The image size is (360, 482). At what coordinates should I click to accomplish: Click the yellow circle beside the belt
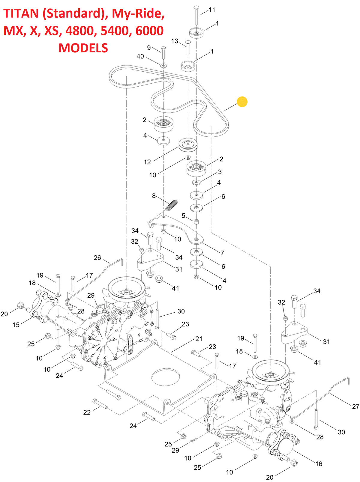coord(242,102)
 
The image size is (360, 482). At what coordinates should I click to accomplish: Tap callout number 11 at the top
coord(212,10)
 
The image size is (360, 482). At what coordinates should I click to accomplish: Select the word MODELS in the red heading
coord(83,48)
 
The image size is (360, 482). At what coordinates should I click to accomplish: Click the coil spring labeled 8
coord(172,205)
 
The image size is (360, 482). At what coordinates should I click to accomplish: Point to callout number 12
coord(147,162)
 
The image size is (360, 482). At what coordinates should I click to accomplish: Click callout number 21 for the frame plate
coord(199,339)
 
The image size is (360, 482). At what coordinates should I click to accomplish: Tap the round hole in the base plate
coord(166,377)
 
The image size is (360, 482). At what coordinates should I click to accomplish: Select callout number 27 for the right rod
coord(355,406)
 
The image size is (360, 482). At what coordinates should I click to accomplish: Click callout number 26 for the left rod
coord(97,258)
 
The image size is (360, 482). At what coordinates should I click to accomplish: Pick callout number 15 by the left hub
coord(16,325)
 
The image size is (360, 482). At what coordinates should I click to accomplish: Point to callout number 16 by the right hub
coord(319,464)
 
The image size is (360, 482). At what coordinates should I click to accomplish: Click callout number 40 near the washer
coord(140,56)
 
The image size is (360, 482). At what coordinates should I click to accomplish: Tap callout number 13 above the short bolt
coord(175,41)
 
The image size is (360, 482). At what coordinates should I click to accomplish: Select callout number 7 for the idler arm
coord(222,253)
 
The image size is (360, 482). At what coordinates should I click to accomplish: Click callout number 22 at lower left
coord(87,412)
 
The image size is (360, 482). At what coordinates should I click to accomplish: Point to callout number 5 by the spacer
coord(184,216)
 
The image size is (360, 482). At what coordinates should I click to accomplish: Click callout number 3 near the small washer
coord(220,172)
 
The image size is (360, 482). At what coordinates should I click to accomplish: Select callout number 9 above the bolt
coord(149,48)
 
